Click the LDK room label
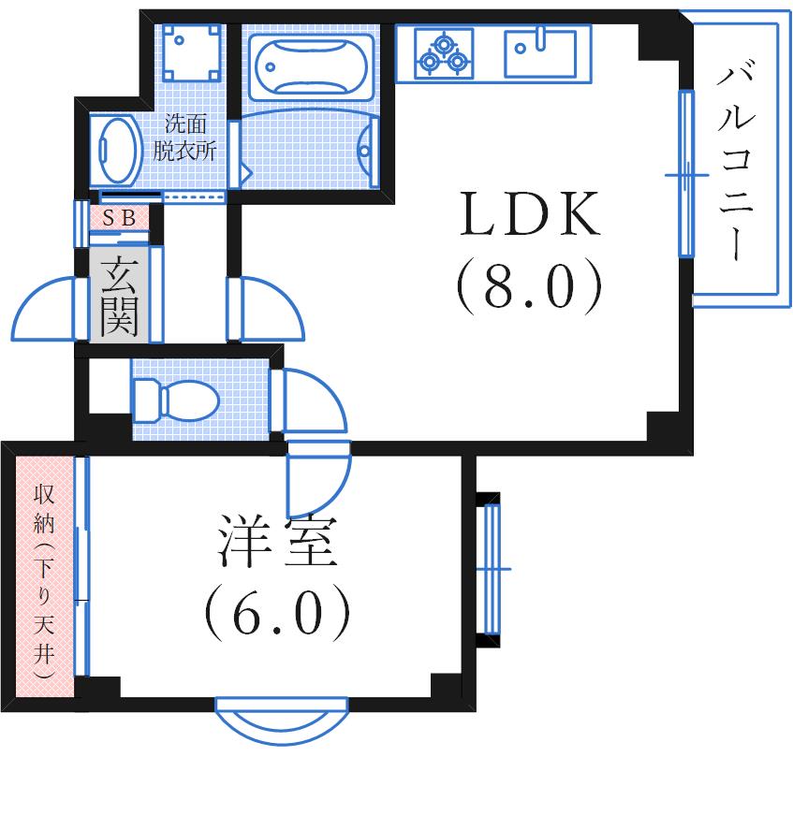click(527, 216)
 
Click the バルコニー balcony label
click(737, 163)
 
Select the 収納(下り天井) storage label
click(43, 580)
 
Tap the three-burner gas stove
click(443, 52)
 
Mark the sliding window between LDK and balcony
click(686, 174)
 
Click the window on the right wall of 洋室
click(492, 568)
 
